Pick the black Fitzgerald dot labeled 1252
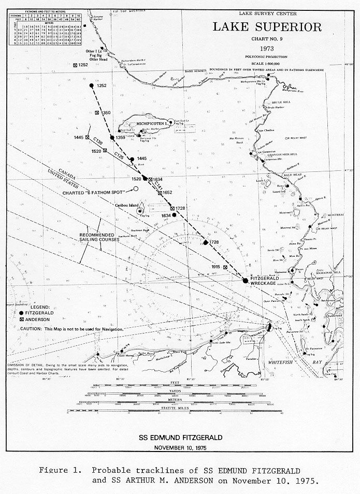point(92,85)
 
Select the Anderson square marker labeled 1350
point(97,112)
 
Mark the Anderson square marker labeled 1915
point(225,267)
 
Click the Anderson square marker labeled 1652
point(159,192)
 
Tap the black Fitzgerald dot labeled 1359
point(111,138)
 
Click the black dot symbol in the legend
point(21,313)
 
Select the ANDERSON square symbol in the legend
point(21,320)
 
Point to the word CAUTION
point(31,329)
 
